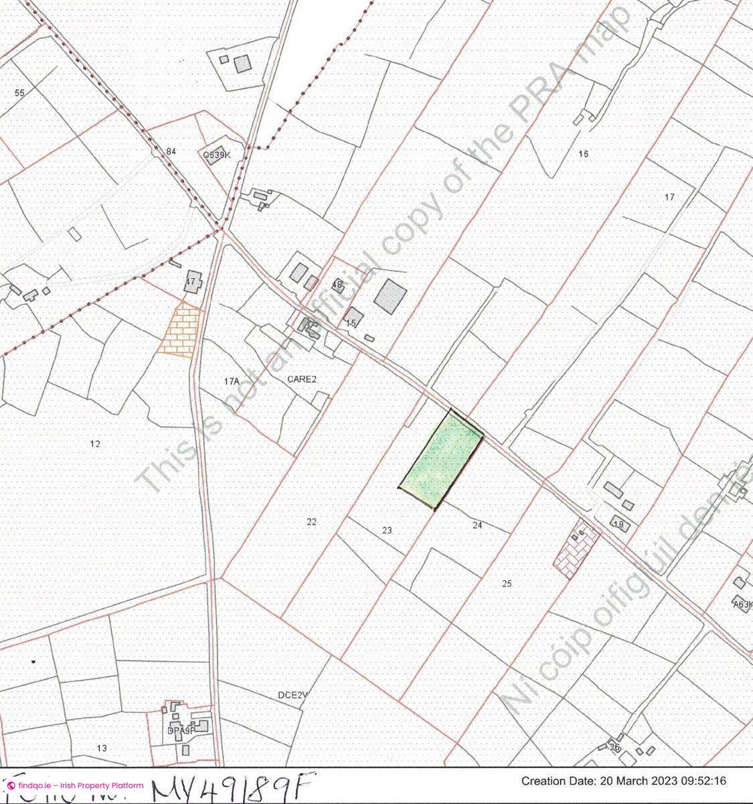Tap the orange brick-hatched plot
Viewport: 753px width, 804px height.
pos(179,330)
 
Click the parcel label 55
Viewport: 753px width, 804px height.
pos(19,92)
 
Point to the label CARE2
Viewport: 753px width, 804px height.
pos(301,379)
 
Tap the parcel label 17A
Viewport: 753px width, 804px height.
pos(232,381)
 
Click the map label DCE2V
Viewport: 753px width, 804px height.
pos(292,695)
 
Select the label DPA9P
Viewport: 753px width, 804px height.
pos(181,731)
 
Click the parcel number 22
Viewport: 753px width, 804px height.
pos(311,522)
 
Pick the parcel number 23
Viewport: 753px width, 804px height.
pos(387,531)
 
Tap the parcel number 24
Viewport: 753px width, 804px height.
pos(477,526)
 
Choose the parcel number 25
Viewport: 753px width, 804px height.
pos(507,584)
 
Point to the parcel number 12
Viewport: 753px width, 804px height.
pos(94,444)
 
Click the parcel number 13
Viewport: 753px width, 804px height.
pos(102,748)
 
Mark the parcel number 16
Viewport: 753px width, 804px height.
pos(583,154)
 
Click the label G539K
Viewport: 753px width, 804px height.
pos(217,155)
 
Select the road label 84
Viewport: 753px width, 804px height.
pos(171,151)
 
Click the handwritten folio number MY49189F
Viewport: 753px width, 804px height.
pos(231,787)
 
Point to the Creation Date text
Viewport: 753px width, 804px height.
pos(623,781)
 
